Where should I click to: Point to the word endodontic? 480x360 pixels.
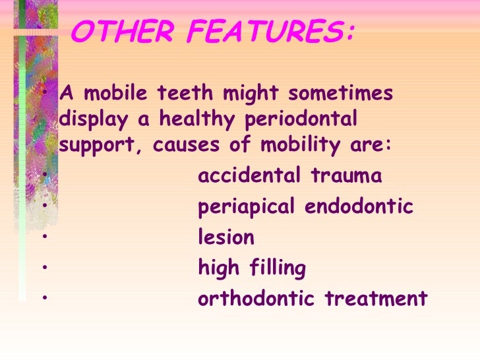(359, 207)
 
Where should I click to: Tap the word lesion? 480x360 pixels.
(226, 237)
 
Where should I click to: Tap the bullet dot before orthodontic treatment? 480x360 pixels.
(42, 299)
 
